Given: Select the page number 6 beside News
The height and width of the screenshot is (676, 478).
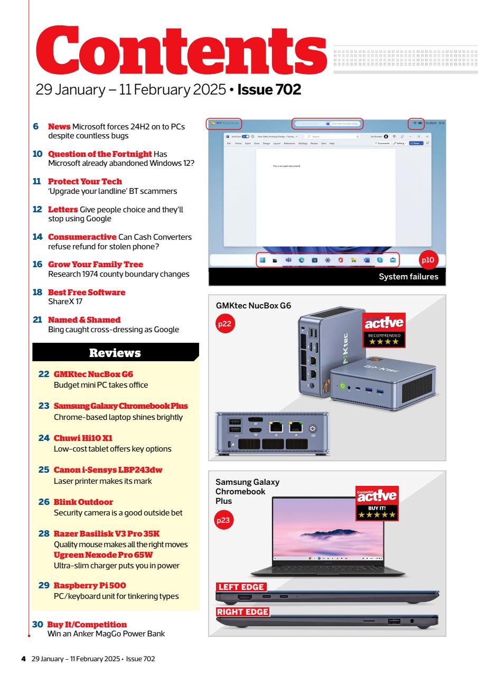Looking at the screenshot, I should [x=36, y=127].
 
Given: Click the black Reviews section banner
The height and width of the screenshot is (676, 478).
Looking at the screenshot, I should [x=115, y=352].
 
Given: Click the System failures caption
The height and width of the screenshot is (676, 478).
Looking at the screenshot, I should [x=408, y=276].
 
